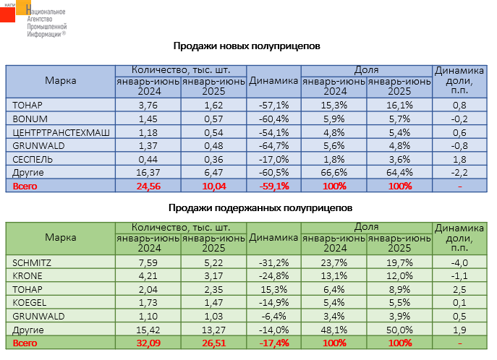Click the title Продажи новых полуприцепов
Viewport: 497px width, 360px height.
[x=247, y=46]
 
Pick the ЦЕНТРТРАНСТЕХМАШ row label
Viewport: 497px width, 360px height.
[x=51, y=132]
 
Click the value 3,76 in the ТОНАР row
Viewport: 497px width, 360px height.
[x=147, y=105]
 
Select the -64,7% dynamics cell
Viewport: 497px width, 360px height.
[x=273, y=145]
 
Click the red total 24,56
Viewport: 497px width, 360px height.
[x=147, y=186]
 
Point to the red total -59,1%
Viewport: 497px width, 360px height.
[x=273, y=186]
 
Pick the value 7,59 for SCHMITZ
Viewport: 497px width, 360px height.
[x=147, y=262]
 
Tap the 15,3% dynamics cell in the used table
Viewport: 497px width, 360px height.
[x=273, y=288]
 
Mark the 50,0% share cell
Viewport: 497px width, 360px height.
[x=399, y=330]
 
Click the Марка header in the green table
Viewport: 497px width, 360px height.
[x=60, y=237]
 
